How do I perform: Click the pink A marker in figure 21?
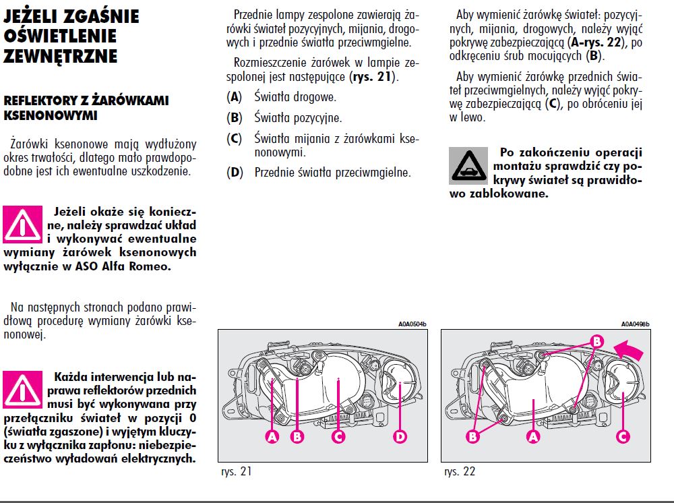click(x=272, y=437)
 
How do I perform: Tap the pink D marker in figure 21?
click(x=400, y=437)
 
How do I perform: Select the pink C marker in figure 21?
click(x=338, y=437)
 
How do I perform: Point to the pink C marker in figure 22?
click(x=623, y=436)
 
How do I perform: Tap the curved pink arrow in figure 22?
click(x=631, y=350)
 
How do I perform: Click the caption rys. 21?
click(x=236, y=471)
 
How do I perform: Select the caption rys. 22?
click(x=460, y=471)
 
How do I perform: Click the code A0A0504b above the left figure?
click(x=412, y=324)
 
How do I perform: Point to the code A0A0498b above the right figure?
click(x=635, y=324)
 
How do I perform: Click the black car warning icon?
click(x=467, y=164)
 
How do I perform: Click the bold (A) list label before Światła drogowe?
click(x=235, y=97)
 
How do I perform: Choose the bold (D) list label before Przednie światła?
click(x=235, y=173)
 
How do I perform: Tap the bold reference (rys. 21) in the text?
click(x=373, y=77)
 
